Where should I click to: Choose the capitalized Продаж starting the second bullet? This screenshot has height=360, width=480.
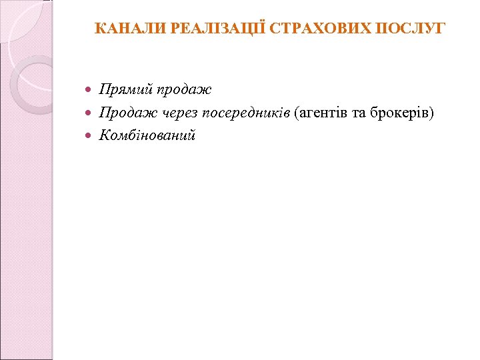pos(125,113)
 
